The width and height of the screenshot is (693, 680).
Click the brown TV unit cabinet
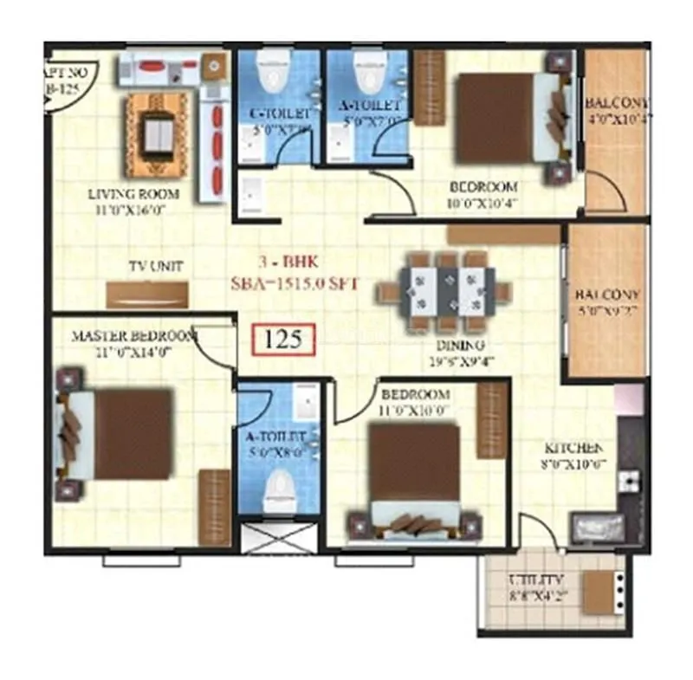pyautogui.click(x=146, y=295)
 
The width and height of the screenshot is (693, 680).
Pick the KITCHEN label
pyautogui.click(x=573, y=449)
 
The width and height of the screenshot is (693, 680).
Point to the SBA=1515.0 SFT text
pyautogui.click(x=294, y=282)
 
